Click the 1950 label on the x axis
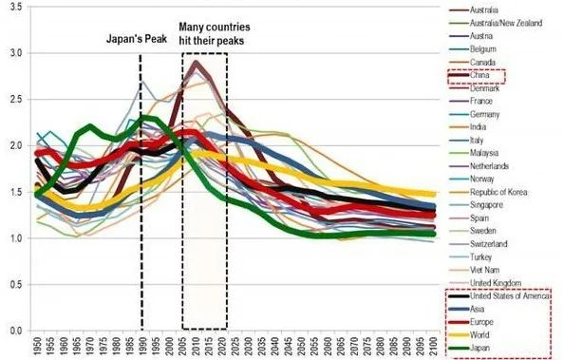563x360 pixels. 36,347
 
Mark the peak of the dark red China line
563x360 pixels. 196,62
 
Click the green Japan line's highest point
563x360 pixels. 144,117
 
